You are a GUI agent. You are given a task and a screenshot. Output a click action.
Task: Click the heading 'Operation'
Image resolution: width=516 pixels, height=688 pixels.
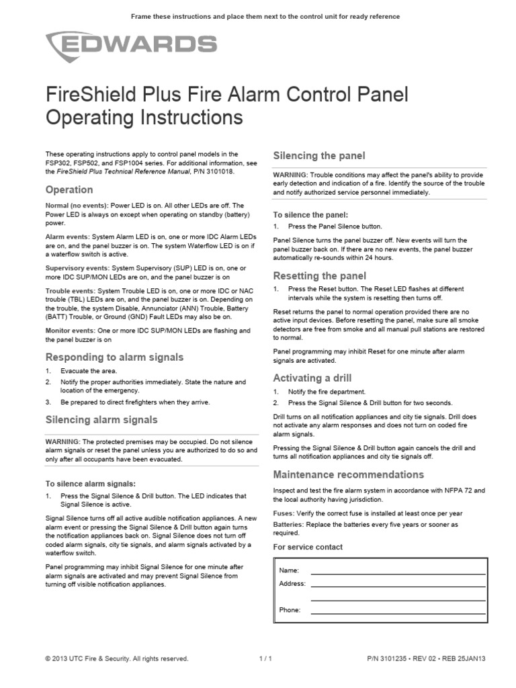click(x=69, y=189)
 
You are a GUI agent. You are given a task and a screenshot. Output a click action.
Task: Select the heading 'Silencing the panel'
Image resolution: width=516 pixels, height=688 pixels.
click(x=319, y=156)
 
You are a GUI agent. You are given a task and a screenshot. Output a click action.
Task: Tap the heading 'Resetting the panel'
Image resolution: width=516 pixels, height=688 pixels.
click(x=319, y=275)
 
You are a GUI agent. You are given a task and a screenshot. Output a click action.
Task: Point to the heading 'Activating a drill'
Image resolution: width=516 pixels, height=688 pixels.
click(x=312, y=378)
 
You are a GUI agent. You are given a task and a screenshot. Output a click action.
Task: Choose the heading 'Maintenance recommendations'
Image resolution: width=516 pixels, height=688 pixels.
click(x=348, y=474)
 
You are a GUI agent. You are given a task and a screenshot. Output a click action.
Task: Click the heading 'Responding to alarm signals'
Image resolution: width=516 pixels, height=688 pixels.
click(x=114, y=357)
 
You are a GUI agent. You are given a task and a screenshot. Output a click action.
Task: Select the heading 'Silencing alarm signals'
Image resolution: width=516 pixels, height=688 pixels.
click(x=101, y=419)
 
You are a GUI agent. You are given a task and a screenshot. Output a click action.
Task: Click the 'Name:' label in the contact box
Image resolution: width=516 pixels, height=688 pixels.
click(x=289, y=570)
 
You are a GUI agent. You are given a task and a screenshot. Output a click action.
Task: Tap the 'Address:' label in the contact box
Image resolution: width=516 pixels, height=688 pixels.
click(x=292, y=584)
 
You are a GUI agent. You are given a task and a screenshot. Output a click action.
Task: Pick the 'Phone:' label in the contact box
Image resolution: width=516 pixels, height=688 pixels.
click(x=290, y=610)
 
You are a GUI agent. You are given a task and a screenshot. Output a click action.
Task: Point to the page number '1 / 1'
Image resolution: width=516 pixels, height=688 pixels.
click(x=265, y=659)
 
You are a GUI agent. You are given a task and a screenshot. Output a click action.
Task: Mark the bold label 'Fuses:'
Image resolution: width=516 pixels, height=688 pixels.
click(x=284, y=513)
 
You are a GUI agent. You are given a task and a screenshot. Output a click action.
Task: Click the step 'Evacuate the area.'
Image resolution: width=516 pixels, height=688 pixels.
click(x=88, y=371)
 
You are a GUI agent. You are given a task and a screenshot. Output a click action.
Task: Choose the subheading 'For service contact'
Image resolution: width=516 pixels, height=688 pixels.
click(x=308, y=547)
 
